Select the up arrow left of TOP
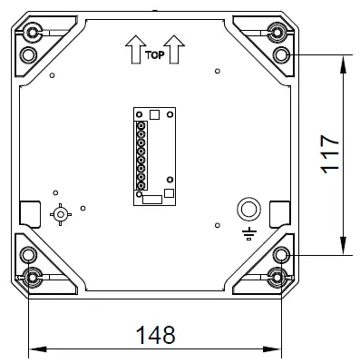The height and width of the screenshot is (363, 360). (134, 48)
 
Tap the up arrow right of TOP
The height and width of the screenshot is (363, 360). (176, 48)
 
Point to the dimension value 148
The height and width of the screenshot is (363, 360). (155, 333)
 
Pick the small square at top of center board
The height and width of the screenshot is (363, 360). (155, 115)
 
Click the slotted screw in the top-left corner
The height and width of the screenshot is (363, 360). (34, 34)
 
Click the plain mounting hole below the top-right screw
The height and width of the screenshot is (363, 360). (282, 54)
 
